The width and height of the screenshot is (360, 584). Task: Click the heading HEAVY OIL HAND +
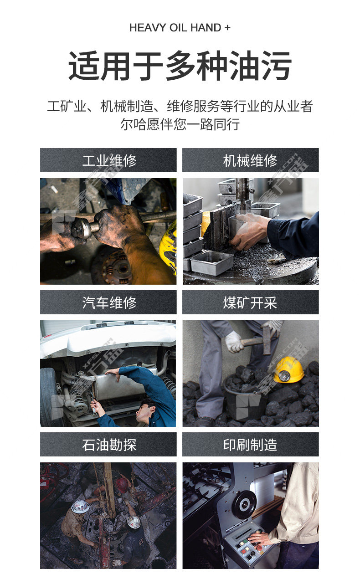180,28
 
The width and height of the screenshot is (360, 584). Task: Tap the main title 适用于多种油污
180,66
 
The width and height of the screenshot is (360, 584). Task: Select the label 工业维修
109,160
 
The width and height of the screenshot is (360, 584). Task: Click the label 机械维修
250,160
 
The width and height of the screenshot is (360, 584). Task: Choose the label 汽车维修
109,302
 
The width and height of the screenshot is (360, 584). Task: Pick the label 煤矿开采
250,302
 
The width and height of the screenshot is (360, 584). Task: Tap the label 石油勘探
109,445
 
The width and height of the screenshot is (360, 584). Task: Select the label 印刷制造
250,445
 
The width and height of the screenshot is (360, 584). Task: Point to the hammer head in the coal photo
267,340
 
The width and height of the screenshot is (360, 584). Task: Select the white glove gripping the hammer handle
234,342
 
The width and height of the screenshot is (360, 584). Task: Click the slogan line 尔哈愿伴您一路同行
180,124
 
